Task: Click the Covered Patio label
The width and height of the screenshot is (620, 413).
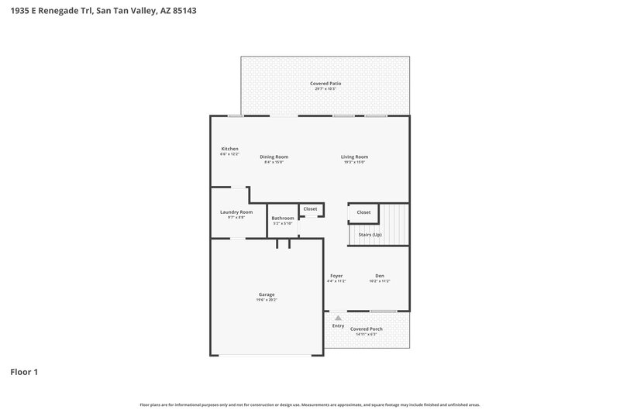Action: pyautogui.click(x=325, y=83)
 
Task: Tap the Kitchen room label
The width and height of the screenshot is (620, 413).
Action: pyautogui.click(x=229, y=148)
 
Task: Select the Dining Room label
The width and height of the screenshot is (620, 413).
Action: pyautogui.click(x=274, y=157)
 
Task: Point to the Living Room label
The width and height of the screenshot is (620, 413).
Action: pyautogui.click(x=354, y=157)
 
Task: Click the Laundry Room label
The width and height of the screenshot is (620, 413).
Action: pyautogui.click(x=236, y=212)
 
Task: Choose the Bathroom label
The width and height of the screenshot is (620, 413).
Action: pyautogui.click(x=282, y=218)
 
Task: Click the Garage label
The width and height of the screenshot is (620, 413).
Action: pyautogui.click(x=267, y=294)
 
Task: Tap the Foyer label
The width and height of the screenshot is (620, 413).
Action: pyautogui.click(x=336, y=276)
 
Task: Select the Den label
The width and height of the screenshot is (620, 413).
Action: pyautogui.click(x=380, y=276)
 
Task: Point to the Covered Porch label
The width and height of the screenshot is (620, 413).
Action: pyautogui.click(x=367, y=329)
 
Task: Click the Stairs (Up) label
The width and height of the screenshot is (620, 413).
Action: pyautogui.click(x=370, y=234)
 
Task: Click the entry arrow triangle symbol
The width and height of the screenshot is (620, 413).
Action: pyautogui.click(x=338, y=318)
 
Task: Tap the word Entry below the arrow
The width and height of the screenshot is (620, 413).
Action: pyautogui.click(x=338, y=325)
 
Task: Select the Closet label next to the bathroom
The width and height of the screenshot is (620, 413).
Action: pyautogui.click(x=310, y=208)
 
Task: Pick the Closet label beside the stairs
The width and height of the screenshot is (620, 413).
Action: pyautogui.click(x=363, y=212)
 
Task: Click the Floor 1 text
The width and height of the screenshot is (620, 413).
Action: pyautogui.click(x=24, y=372)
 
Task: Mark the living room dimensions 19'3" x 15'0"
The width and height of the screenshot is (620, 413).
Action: pyautogui.click(x=354, y=162)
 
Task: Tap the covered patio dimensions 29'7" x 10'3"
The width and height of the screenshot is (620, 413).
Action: pyautogui.click(x=325, y=88)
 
